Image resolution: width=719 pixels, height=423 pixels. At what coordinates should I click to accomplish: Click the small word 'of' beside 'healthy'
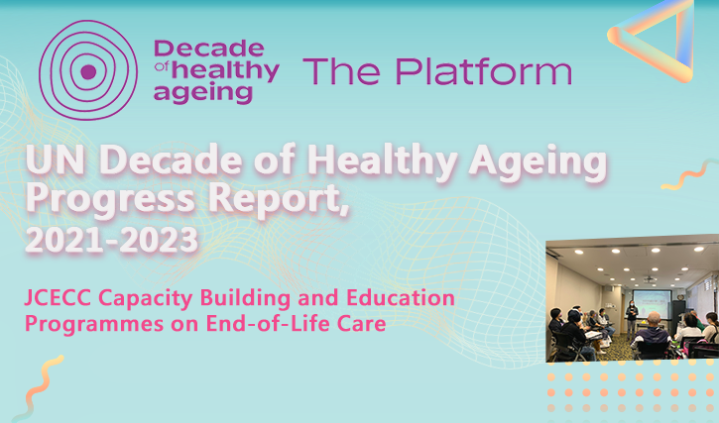tap(162, 67)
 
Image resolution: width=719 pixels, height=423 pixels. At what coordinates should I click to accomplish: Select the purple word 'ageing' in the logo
tap(203, 92)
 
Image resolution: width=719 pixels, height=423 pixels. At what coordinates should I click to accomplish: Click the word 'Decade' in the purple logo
tap(209, 49)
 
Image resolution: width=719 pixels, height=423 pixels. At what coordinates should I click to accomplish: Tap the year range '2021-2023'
tap(111, 239)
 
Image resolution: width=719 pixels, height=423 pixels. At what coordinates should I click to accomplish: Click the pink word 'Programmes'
tap(94, 325)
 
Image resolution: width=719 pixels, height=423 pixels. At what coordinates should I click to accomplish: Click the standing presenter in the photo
tap(632, 319)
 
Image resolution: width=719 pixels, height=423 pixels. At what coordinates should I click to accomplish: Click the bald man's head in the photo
tap(655, 319)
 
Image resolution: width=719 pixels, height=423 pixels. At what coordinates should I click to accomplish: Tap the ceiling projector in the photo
tap(649, 279)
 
